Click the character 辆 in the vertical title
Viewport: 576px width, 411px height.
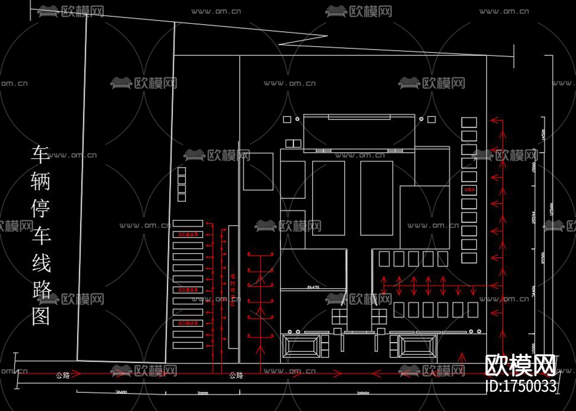tap(41, 181)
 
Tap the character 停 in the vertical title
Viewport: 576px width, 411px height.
tap(41, 208)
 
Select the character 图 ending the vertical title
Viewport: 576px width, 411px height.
tap(41, 316)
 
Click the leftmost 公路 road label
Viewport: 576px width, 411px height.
tap(63, 375)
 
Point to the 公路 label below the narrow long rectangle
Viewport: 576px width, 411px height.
tap(236, 375)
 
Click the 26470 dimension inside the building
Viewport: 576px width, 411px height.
tap(313, 287)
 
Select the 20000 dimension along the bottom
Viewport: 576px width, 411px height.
tap(202, 393)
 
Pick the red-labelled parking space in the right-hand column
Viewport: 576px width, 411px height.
tap(469, 190)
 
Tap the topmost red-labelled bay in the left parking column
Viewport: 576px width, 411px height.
tap(188, 234)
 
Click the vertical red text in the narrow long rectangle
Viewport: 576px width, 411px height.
tap(233, 290)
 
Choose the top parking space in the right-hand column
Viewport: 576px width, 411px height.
tap(469, 122)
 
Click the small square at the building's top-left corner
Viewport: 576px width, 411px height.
tap(287, 119)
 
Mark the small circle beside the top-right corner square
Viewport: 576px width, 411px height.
tap(421, 119)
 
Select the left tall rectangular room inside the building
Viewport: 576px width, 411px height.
tap(328, 198)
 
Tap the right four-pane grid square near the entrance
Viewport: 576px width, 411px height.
tap(379, 316)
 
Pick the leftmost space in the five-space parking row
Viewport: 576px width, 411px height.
tap(384, 259)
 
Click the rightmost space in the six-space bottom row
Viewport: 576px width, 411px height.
tap(473, 310)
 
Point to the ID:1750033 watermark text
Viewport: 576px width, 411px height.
tap(521, 386)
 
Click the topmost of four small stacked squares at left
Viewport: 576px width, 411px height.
tap(181, 171)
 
